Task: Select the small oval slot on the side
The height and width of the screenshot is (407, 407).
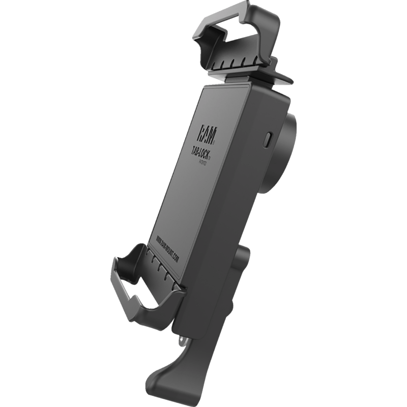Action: coord(268,140)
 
